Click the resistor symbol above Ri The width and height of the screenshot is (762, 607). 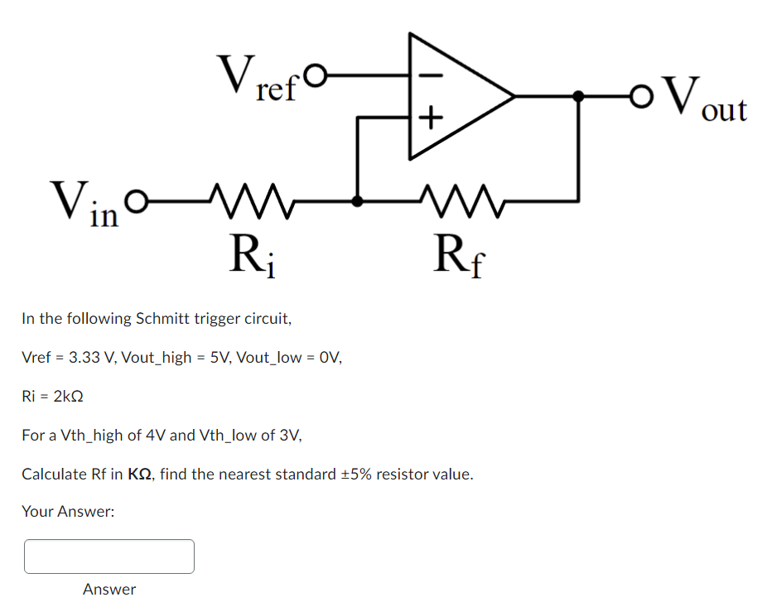click(x=248, y=199)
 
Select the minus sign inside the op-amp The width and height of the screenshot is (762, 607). click(x=430, y=74)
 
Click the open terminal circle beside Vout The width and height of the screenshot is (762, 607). click(x=638, y=96)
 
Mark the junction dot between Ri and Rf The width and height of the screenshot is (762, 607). click(x=357, y=200)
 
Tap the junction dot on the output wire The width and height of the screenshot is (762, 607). click(x=578, y=96)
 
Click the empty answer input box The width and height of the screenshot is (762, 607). click(x=109, y=556)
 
